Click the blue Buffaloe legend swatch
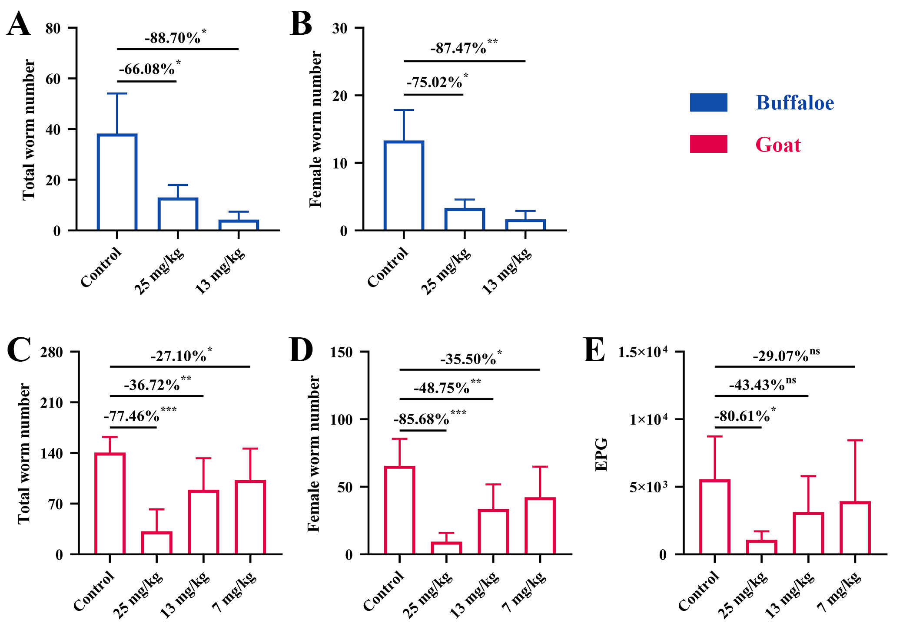[708, 102]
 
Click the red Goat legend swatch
[708, 144]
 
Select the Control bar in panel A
[117, 182]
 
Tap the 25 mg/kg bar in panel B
[465, 219]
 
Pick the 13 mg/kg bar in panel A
[239, 225]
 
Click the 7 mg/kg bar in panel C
[250, 517]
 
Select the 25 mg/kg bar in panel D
[446, 548]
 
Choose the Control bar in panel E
[715, 517]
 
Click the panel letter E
[594, 350]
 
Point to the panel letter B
[301, 23]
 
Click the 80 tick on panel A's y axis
[53, 29]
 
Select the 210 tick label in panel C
[52, 402]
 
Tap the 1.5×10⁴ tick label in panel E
[642, 352]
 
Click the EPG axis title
[601, 454]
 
